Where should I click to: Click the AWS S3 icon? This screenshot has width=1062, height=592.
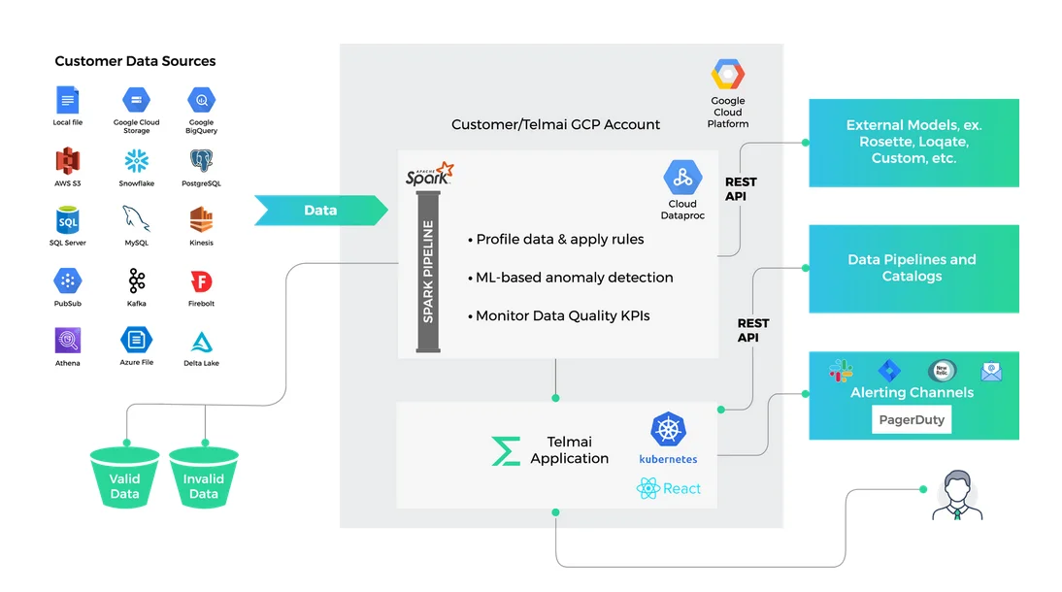pyautogui.click(x=67, y=160)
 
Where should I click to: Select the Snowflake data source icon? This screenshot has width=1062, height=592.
pyautogui.click(x=136, y=160)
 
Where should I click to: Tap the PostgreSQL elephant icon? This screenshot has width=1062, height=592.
pyautogui.click(x=201, y=160)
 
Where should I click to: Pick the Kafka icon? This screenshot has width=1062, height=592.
pyautogui.click(x=136, y=281)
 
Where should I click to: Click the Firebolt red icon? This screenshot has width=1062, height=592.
pyautogui.click(x=201, y=281)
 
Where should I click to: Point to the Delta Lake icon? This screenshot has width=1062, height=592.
pyautogui.click(x=201, y=342)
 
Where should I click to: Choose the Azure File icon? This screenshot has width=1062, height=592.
pyautogui.click(x=136, y=341)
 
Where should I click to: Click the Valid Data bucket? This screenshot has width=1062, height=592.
pyautogui.click(x=124, y=477)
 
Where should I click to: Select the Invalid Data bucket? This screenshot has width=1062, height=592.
pyautogui.click(x=204, y=477)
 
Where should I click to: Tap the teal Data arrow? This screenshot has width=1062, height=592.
pyautogui.click(x=320, y=211)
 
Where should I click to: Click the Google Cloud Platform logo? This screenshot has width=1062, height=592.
pyautogui.click(x=727, y=75)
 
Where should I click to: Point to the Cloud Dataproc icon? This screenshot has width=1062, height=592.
pyautogui.click(x=682, y=178)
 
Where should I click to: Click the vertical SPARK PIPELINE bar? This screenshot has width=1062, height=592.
pyautogui.click(x=427, y=271)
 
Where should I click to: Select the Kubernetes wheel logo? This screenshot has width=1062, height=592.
pyautogui.click(x=668, y=430)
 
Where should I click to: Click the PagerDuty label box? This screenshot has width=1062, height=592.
pyautogui.click(x=911, y=420)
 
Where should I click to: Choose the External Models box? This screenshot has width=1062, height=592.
pyautogui.click(x=913, y=142)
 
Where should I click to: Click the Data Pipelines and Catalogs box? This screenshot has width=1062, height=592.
pyautogui.click(x=913, y=269)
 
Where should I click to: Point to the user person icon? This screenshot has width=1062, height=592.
pyautogui.click(x=957, y=496)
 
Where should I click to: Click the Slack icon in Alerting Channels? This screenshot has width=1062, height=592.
pyautogui.click(x=840, y=371)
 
